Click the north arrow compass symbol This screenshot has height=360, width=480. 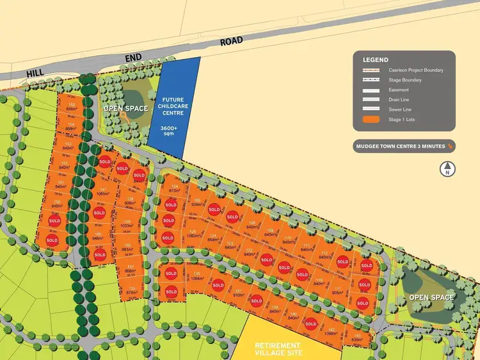[448, 169]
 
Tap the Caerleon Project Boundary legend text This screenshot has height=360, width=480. [415, 70]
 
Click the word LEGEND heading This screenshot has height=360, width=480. [376, 59]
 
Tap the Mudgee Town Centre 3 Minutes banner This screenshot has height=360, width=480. [404, 147]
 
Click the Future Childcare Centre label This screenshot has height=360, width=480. [173, 106]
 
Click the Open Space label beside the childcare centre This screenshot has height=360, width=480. [126, 108]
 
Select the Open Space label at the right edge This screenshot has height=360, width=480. [431, 297]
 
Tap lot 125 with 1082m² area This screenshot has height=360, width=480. [191, 234]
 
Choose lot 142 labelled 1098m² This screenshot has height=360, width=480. [330, 332]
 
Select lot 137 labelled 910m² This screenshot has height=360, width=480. [238, 293]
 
